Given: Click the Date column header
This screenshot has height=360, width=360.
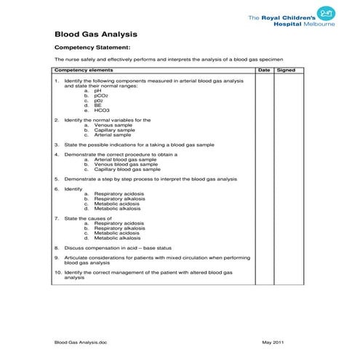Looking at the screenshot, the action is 264,71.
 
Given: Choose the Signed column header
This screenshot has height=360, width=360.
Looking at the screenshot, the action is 286,71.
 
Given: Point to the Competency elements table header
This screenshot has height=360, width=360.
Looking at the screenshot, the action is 84,71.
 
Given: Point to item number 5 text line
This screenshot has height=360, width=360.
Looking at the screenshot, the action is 150,178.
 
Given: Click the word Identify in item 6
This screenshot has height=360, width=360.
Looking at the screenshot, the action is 73,188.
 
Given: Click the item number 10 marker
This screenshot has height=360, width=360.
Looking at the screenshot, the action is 57,273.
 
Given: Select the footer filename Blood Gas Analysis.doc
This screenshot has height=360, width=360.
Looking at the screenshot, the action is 85,342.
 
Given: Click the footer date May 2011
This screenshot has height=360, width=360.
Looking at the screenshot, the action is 273,342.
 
